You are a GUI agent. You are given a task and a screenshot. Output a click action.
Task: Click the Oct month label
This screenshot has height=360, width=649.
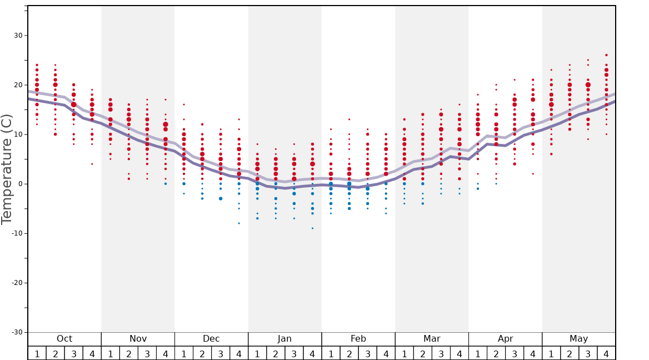[x=64, y=339]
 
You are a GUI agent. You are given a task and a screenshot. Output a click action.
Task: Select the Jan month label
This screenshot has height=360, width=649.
[x=284, y=339]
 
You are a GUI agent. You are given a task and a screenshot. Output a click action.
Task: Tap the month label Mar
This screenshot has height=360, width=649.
[x=432, y=339]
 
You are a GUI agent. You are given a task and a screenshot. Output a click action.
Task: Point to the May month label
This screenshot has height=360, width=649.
[x=578, y=339]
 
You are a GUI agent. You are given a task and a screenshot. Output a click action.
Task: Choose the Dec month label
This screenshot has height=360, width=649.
[x=211, y=339]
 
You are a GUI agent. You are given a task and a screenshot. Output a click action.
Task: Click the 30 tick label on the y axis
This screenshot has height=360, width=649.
[x=18, y=36]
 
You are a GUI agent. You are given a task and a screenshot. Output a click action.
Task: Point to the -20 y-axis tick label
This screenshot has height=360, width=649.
[x=17, y=283]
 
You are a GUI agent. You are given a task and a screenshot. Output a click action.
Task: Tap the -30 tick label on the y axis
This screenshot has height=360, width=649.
[x=17, y=332]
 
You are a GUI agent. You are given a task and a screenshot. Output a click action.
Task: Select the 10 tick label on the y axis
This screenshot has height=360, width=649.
[x=18, y=134]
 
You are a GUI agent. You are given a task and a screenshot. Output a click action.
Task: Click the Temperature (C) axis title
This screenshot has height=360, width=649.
[x=7, y=169]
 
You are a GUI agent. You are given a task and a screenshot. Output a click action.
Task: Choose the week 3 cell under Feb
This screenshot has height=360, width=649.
[x=367, y=353]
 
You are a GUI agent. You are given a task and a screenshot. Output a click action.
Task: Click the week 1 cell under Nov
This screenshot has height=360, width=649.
[x=111, y=353]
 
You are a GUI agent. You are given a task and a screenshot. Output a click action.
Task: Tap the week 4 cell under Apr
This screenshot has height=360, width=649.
[x=533, y=353]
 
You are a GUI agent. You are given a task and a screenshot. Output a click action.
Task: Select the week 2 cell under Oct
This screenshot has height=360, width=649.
[x=55, y=353]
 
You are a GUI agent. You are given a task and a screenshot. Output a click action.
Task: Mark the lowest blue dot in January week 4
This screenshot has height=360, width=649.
[x=312, y=228]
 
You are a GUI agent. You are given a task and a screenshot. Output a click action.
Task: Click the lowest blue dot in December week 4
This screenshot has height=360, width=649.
[x=239, y=223]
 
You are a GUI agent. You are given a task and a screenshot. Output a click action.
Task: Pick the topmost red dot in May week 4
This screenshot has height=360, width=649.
[x=606, y=55]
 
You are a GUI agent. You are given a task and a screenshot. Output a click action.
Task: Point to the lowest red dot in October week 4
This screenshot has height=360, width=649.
[x=92, y=164]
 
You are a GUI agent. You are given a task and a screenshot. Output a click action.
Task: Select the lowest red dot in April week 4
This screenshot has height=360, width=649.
[x=533, y=174]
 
